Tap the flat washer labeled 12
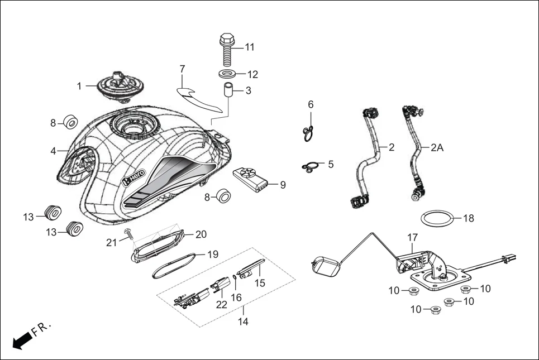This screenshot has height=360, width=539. [x=226, y=74]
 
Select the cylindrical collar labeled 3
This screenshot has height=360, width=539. [x=228, y=90]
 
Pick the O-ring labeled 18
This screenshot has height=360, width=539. [x=436, y=219]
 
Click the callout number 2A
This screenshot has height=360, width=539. [x=437, y=148]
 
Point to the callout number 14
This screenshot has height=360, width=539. [x=243, y=321]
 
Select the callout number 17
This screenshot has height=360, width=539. [x=412, y=237]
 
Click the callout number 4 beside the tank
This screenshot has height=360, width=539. [x=54, y=151]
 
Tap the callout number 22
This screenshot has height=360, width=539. [x=222, y=304]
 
